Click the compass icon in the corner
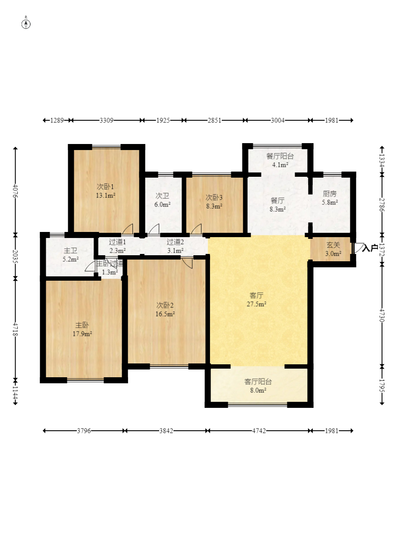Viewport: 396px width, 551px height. tap(26, 24)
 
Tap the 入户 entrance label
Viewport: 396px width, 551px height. tap(370, 248)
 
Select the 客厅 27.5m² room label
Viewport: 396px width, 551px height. tap(257, 300)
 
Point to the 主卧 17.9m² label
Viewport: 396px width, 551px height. tap(82, 329)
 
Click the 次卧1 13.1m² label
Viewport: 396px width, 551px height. tap(106, 191)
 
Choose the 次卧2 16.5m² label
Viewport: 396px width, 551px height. tap(165, 310)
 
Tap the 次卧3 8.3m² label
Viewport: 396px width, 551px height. tap(214, 202)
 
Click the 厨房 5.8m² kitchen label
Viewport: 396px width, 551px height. tap(330, 198)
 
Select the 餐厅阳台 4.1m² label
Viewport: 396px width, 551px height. tap(280, 160)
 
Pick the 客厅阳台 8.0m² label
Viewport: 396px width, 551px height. tap(258, 386)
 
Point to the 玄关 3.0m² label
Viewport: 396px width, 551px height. tap(333, 249)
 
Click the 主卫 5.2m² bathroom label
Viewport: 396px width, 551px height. tap(71, 255)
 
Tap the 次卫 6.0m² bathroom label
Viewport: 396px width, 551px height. tap(163, 200)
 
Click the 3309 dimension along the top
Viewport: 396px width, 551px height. tap(107, 120)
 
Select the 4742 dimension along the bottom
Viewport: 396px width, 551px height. tap(259, 431)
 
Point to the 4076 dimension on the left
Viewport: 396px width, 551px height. tap(15, 191)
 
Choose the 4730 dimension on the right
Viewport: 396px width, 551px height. tap(382, 315)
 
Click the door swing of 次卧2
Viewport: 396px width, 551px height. tap(188, 263)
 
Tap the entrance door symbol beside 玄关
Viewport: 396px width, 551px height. tap(359, 248)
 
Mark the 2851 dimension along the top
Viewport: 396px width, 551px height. tap(214, 120)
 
